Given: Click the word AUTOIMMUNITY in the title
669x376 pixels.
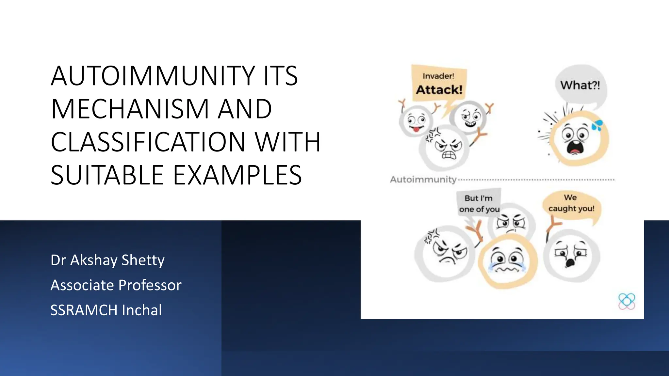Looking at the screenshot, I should point(153,76).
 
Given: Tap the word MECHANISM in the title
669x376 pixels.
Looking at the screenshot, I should point(130,109).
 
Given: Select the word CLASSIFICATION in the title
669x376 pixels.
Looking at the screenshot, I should point(148,142).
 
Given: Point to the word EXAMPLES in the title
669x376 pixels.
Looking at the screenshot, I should point(237,175).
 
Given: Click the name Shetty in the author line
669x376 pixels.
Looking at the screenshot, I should point(143,260).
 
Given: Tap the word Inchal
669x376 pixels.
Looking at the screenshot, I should point(142,310).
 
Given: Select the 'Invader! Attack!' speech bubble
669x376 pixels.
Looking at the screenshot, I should point(439,83).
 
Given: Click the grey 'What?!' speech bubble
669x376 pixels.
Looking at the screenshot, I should point(580,85).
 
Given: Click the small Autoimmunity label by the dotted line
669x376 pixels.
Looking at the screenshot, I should point(423,180).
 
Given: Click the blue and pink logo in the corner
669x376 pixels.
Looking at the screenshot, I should point(627,301).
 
